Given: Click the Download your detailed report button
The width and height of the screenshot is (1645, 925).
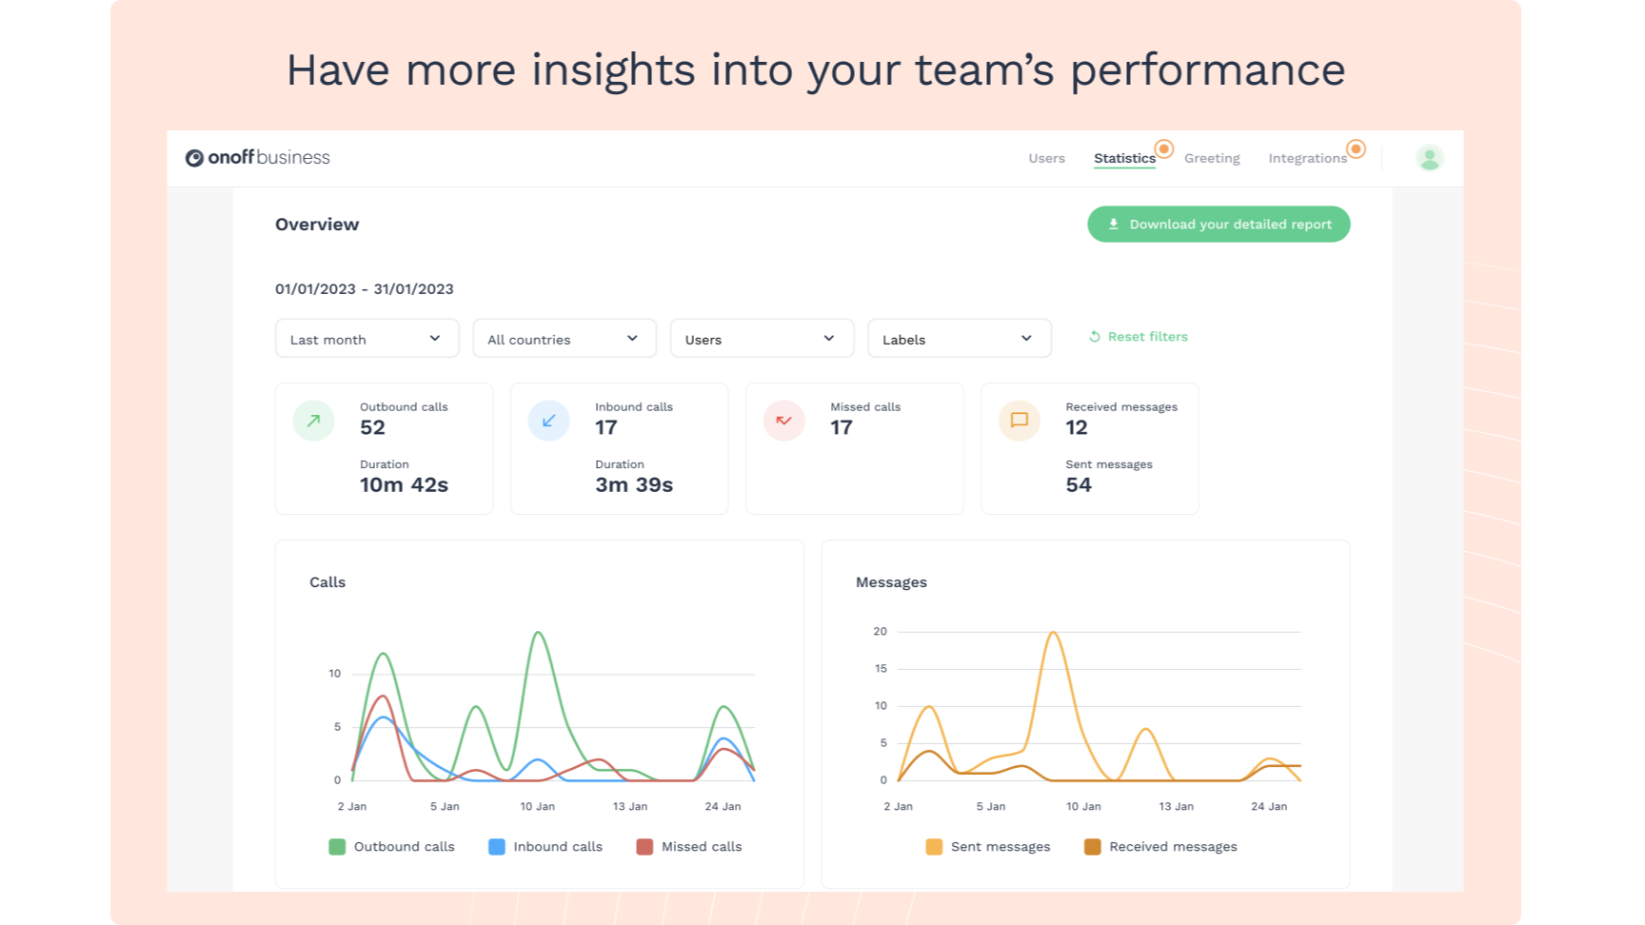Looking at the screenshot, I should click(1219, 225).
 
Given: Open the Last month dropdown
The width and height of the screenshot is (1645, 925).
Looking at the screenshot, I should click(367, 339).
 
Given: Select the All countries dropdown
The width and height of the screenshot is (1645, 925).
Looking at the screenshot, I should click(564, 339).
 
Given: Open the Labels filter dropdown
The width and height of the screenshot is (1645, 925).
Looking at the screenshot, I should click(959, 339).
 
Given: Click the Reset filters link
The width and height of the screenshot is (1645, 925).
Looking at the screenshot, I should click(1139, 337).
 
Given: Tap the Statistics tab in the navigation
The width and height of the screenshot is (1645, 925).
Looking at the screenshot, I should click(1124, 158).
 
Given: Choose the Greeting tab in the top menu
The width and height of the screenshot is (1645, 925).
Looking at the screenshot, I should click(1212, 158).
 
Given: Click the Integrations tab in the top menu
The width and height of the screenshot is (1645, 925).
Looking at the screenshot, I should click(1307, 158).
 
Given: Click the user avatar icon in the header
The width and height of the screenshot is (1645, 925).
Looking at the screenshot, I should click(1429, 158).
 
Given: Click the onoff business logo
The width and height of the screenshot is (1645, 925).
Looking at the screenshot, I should click(258, 158).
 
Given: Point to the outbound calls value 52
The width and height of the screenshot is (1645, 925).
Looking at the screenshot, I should click(372, 428).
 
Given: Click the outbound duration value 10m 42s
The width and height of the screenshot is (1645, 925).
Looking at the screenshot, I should click(404, 485).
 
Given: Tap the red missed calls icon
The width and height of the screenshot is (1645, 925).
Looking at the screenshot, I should click(783, 421).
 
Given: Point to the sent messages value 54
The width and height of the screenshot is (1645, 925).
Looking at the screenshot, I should click(1079, 485).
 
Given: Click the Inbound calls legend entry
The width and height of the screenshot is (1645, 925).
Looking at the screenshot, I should click(546, 847).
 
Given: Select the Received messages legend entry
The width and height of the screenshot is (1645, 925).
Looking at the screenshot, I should click(1161, 847).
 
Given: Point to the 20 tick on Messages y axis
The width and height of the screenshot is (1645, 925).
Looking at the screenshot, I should click(880, 632).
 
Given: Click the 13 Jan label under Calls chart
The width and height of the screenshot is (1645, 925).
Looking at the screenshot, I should click(629, 807).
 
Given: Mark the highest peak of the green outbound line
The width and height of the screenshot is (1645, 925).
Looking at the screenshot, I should click(539, 633).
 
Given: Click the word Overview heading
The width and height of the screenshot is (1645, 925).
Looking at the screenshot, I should click(317, 225).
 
